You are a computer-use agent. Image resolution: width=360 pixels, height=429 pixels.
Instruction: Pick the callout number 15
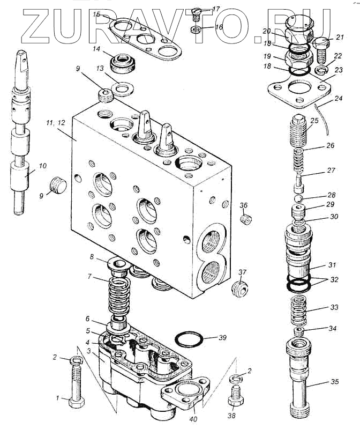coord(97,14)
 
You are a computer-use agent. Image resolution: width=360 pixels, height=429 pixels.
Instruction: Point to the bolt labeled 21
coord(321,49)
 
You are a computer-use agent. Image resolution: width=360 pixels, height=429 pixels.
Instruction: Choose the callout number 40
coord(192,412)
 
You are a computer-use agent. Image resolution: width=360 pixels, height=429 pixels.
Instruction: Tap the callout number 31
coord(333,265)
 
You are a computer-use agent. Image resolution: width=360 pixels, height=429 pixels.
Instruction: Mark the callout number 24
coord(337,98)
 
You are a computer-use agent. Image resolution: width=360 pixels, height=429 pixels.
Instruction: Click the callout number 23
coord(337,69)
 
